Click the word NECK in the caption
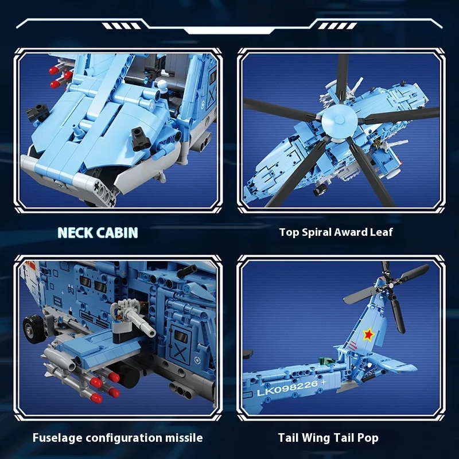pos(75,232)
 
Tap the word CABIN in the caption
pos(117,232)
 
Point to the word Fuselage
pos(53,438)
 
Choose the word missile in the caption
pos(184,438)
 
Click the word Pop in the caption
pos(368,438)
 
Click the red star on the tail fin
pos(368,334)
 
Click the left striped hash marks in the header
pos(121,26)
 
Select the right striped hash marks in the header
pos(337,26)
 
